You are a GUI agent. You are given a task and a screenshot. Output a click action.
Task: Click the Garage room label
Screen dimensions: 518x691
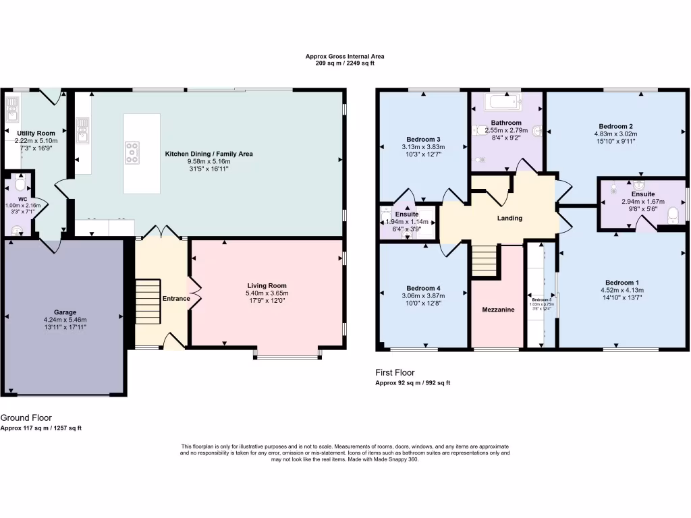(x=65, y=312)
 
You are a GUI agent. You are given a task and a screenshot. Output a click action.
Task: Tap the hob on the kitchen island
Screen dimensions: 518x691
(x=132, y=153)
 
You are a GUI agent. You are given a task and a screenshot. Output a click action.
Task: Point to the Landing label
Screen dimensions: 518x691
(x=510, y=218)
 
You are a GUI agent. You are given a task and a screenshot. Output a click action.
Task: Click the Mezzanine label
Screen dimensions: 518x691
(x=498, y=310)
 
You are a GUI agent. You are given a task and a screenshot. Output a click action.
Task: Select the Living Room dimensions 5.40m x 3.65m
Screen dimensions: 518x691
(x=267, y=293)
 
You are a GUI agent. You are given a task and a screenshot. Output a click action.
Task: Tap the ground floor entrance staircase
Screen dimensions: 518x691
(x=146, y=301)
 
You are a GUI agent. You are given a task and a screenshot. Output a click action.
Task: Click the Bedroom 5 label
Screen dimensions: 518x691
(x=541, y=299)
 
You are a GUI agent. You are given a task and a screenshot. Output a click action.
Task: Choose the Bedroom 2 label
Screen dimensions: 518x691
(x=615, y=126)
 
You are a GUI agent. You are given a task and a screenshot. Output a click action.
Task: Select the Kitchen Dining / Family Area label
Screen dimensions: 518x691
(x=209, y=154)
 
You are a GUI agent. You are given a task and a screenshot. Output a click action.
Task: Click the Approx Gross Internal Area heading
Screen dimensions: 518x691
(x=345, y=57)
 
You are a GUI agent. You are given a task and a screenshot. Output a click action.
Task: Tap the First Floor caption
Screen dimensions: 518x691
(x=395, y=372)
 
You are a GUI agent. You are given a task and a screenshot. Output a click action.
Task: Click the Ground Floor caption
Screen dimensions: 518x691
(x=26, y=418)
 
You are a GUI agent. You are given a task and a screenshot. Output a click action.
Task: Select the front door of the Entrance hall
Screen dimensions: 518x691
(x=173, y=343)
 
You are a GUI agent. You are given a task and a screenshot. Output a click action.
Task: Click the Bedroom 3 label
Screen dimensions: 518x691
(x=424, y=140)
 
